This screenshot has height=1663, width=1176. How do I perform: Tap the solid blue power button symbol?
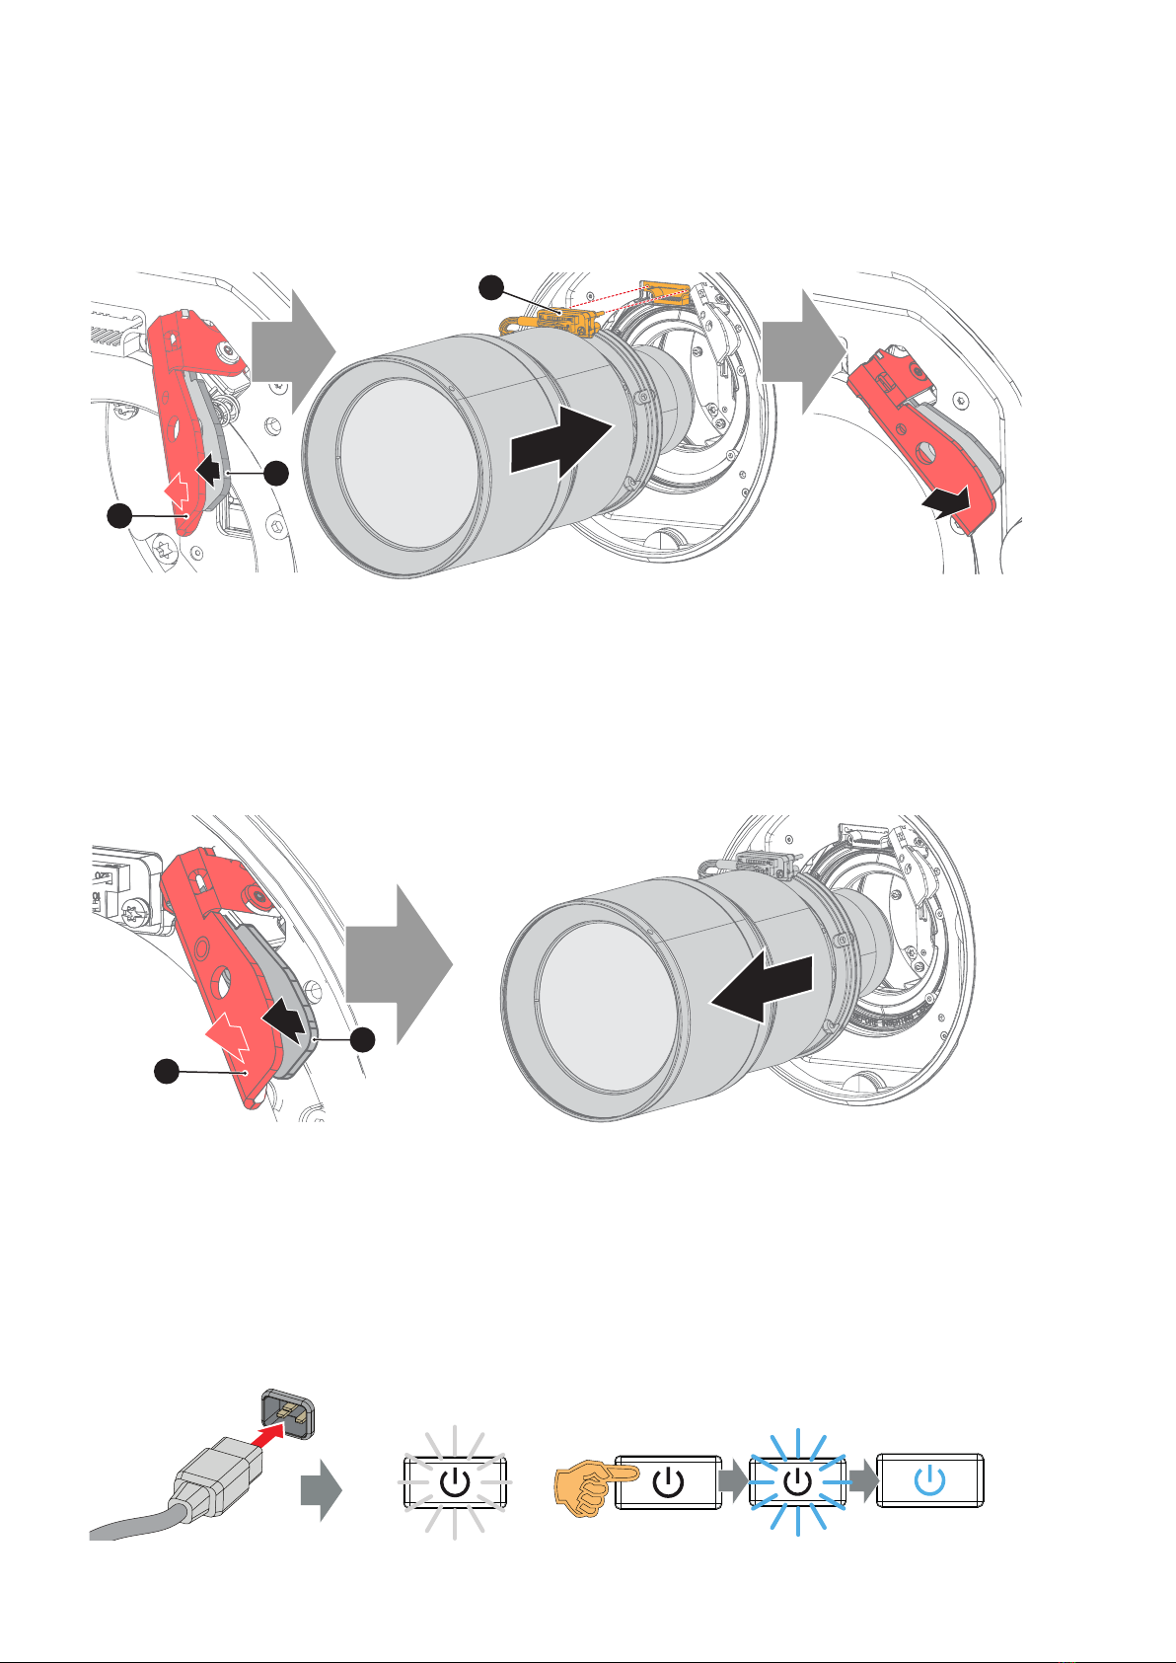click(930, 1479)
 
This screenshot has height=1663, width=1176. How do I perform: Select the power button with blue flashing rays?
click(796, 1481)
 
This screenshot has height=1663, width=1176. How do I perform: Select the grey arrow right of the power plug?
click(322, 1493)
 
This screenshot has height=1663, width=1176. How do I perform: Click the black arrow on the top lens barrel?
click(560, 443)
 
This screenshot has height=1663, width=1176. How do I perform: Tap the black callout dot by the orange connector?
click(491, 288)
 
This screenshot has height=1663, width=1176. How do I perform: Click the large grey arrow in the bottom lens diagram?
click(399, 964)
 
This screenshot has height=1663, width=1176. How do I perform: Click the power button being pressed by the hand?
click(667, 1481)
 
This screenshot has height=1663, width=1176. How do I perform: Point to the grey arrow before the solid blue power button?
click(861, 1481)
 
